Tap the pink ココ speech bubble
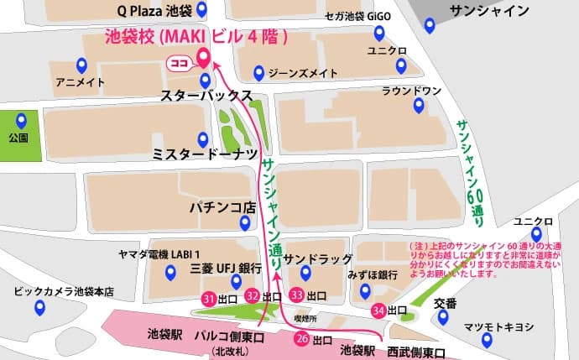pyautogui.click(x=178, y=62)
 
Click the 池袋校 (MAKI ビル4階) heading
pyautogui.click(x=196, y=37)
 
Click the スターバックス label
pyautogui.click(x=207, y=97)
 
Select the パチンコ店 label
pyautogui.click(x=222, y=206)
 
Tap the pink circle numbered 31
pyautogui.click(x=209, y=297)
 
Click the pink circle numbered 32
pyautogui.click(x=253, y=295)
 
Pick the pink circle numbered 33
pyautogui.click(x=296, y=295)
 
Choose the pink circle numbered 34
pyautogui.click(x=379, y=310)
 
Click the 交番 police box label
pyautogui.click(x=446, y=303)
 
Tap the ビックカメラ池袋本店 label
pyautogui.click(x=63, y=292)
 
